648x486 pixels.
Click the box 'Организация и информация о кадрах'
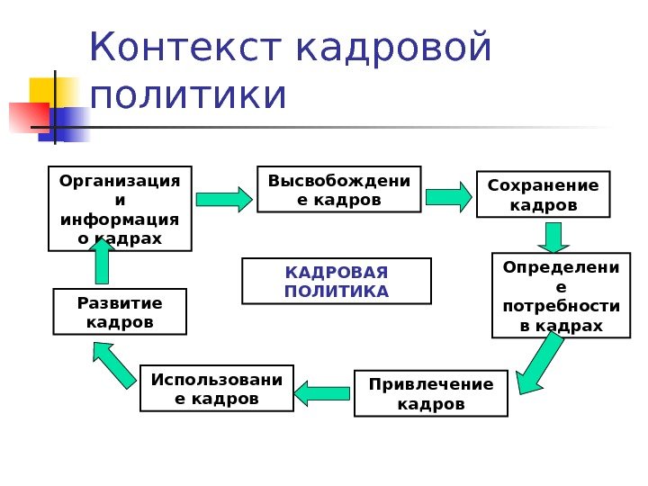[x=120, y=208]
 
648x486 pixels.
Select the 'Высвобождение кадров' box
[x=338, y=189]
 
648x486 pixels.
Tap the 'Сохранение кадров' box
[x=542, y=194]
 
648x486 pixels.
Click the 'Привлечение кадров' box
[x=431, y=393]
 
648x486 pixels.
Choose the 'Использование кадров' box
[x=216, y=387]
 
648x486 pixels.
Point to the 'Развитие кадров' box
[x=120, y=311]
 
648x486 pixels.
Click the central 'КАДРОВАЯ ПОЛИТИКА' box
[x=337, y=281]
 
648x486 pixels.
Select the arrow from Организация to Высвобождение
[x=224, y=198]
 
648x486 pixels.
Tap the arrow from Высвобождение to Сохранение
[x=448, y=196]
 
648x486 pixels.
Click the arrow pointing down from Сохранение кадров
[x=553, y=237]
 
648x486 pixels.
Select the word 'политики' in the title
[x=188, y=96]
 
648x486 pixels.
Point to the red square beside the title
[x=28, y=117]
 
